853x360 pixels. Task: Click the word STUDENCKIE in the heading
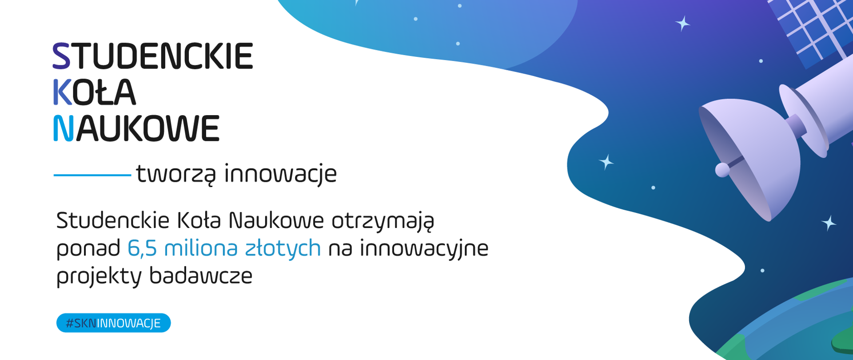(153, 56)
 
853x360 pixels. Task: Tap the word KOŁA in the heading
(94, 93)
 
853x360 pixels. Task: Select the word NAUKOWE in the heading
(136, 129)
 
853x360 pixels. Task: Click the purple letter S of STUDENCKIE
(61, 56)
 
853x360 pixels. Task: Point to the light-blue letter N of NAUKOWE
(63, 129)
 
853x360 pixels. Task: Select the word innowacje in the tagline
(280, 174)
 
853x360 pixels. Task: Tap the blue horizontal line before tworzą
(92, 175)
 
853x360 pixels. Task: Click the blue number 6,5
(142, 248)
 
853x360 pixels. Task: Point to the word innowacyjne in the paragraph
(424, 248)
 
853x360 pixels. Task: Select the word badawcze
(200, 276)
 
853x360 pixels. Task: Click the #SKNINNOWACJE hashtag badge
(113, 323)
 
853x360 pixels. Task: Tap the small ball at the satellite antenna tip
(722, 169)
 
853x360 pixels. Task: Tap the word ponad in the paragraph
(88, 248)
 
